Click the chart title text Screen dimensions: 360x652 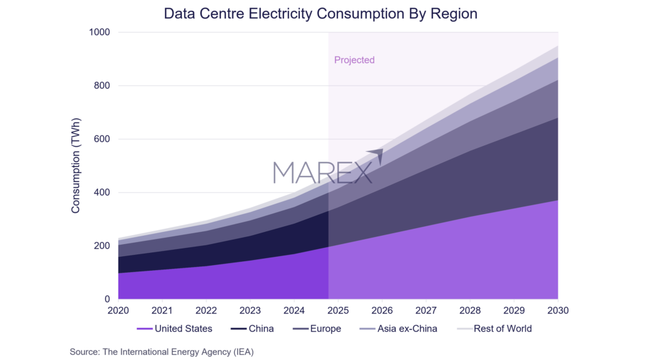click(320, 13)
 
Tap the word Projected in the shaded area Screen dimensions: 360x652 click(354, 60)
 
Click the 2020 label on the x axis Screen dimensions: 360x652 click(118, 311)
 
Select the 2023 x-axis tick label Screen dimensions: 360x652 click(250, 311)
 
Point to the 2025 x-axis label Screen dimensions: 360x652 click(338, 311)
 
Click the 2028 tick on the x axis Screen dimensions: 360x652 click(470, 311)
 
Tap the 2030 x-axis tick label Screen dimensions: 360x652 click(557, 311)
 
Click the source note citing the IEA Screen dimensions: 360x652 click(162, 351)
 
